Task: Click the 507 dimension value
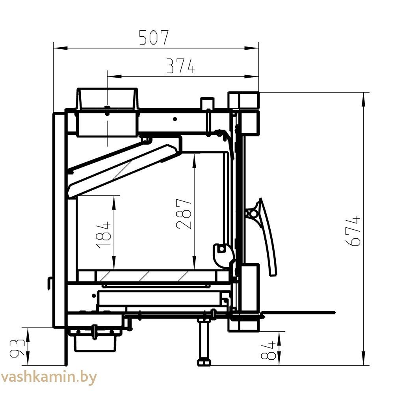[x=154, y=38]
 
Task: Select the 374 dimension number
[x=181, y=66]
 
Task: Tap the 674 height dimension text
[x=353, y=230]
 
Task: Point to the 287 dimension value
[x=184, y=214]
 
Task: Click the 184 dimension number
[x=103, y=235]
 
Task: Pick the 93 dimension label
[x=17, y=349]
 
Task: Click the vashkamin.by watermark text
[x=48, y=377]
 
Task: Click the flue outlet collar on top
[x=108, y=99]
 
